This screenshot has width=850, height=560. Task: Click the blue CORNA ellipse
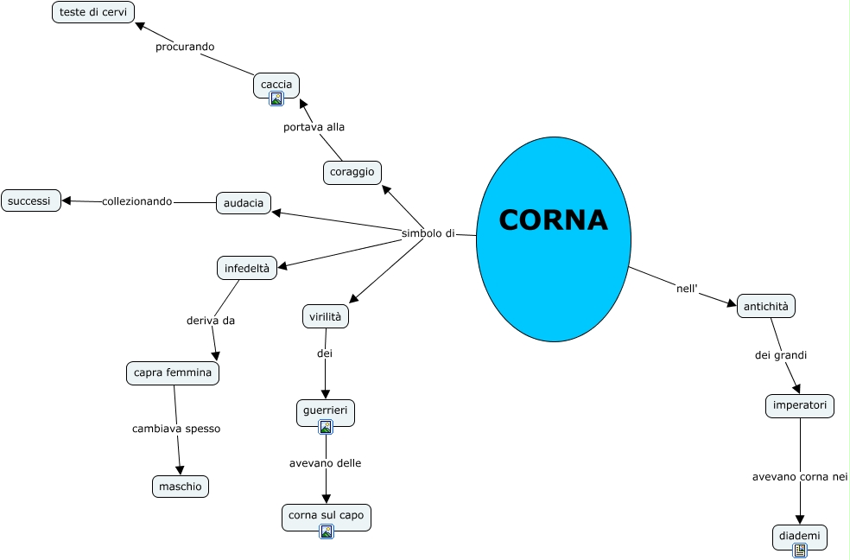(x=554, y=239)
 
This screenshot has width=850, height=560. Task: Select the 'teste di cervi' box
(x=93, y=12)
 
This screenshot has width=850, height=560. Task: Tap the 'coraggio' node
(x=352, y=172)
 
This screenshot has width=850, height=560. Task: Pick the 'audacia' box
(x=244, y=203)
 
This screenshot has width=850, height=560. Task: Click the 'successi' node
(x=30, y=200)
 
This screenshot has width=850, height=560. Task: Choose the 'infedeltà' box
(x=247, y=269)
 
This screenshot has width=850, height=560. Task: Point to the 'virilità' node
(x=326, y=317)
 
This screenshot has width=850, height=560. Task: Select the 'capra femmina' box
(x=173, y=373)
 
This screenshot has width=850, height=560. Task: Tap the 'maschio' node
(x=181, y=487)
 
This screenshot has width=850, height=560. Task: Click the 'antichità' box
(x=766, y=306)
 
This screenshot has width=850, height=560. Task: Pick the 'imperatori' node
(x=800, y=405)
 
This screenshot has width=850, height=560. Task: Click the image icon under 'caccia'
(x=276, y=99)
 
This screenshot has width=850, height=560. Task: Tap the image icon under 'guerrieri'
(x=326, y=427)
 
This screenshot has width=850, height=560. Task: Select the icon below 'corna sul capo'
(x=327, y=531)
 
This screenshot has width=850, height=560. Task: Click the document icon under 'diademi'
(x=800, y=550)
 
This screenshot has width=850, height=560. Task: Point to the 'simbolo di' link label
(x=428, y=233)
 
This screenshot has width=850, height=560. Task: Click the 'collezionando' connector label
(x=137, y=201)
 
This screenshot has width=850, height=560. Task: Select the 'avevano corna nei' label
(x=800, y=476)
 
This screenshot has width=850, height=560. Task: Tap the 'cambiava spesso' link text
(x=176, y=429)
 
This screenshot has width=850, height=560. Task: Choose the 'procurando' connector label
(x=185, y=47)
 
